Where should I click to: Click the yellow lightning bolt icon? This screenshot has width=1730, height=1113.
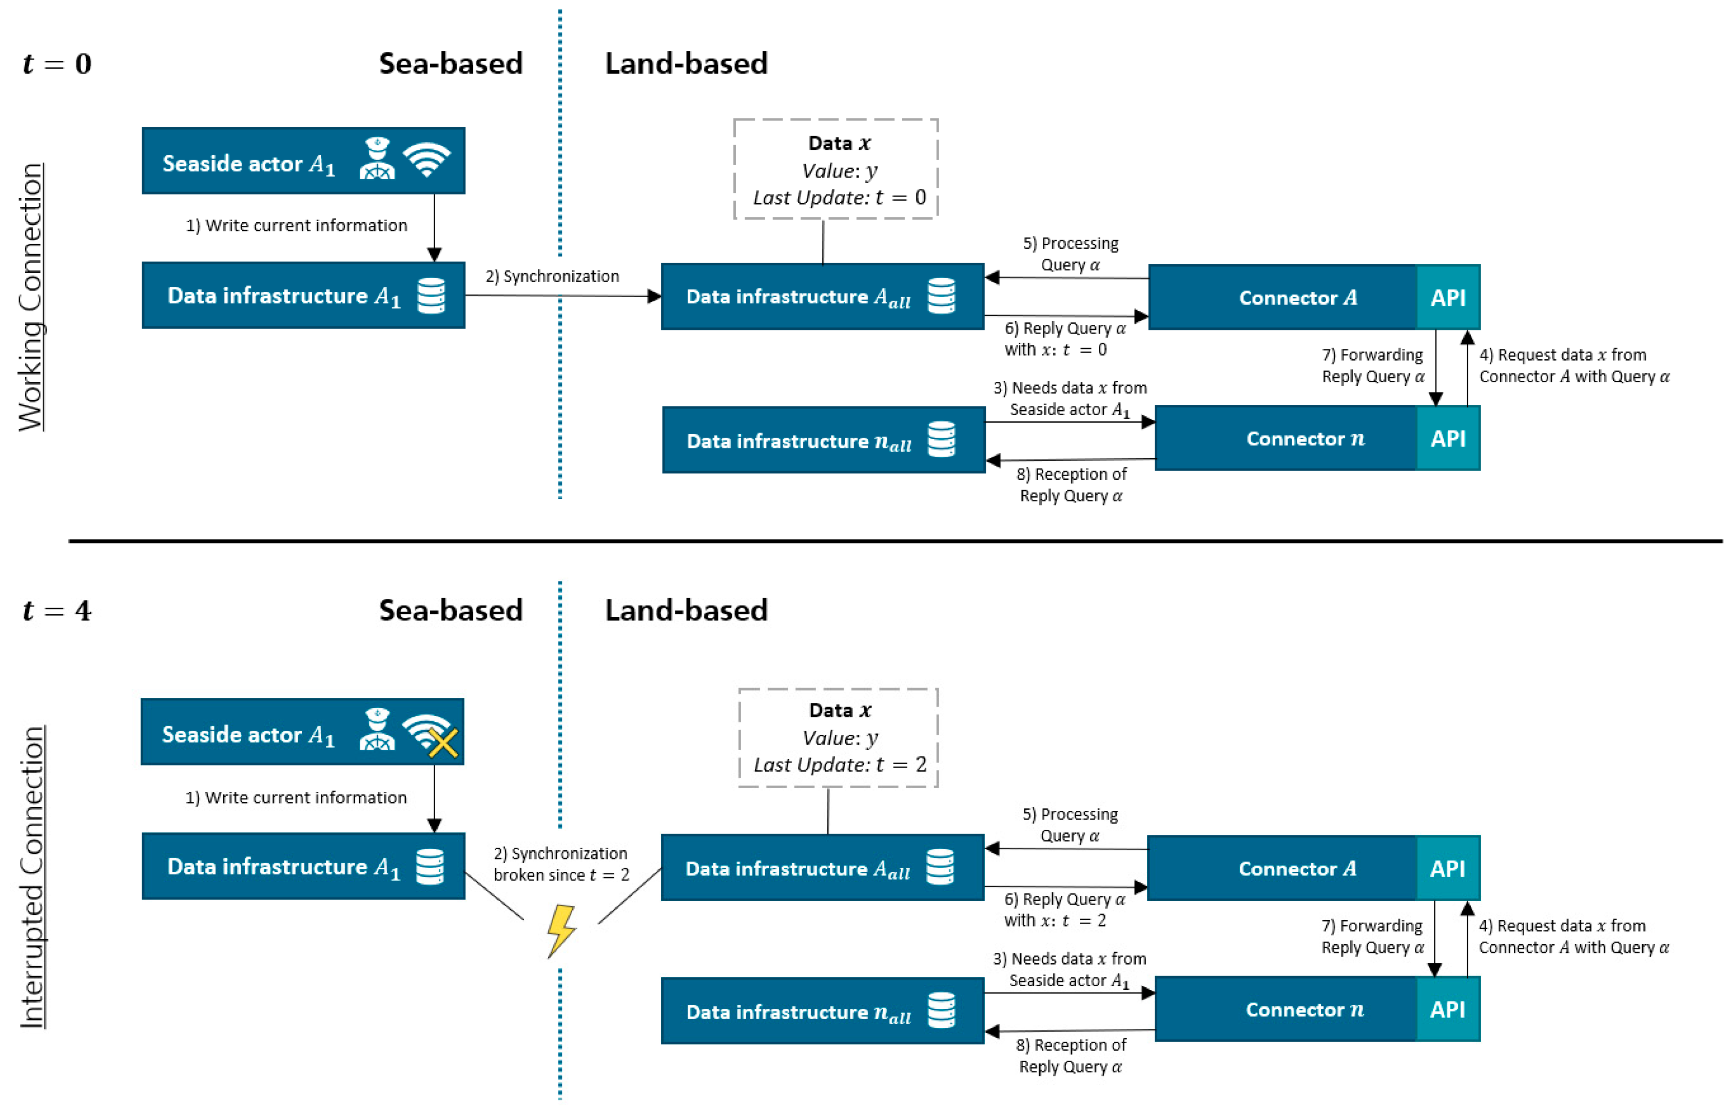[561, 930]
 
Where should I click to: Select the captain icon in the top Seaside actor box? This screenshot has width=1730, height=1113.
[377, 159]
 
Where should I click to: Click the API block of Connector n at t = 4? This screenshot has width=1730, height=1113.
[1447, 1009]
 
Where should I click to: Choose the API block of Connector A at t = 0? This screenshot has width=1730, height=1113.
[1447, 297]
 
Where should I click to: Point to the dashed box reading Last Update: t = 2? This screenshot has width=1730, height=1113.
[838, 738]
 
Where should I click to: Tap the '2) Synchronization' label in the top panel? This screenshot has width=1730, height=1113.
[552, 276]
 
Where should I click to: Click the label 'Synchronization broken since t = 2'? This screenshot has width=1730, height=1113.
[561, 864]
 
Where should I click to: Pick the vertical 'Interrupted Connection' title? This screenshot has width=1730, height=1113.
[32, 876]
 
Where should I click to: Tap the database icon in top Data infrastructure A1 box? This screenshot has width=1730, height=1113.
[432, 296]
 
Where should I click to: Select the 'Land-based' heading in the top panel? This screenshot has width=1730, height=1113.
[686, 64]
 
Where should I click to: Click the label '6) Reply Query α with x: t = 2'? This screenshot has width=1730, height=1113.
[1064, 909]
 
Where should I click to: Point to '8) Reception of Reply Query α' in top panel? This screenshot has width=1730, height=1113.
[1071, 485]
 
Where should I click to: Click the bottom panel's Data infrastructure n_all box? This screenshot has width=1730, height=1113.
[822, 1010]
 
